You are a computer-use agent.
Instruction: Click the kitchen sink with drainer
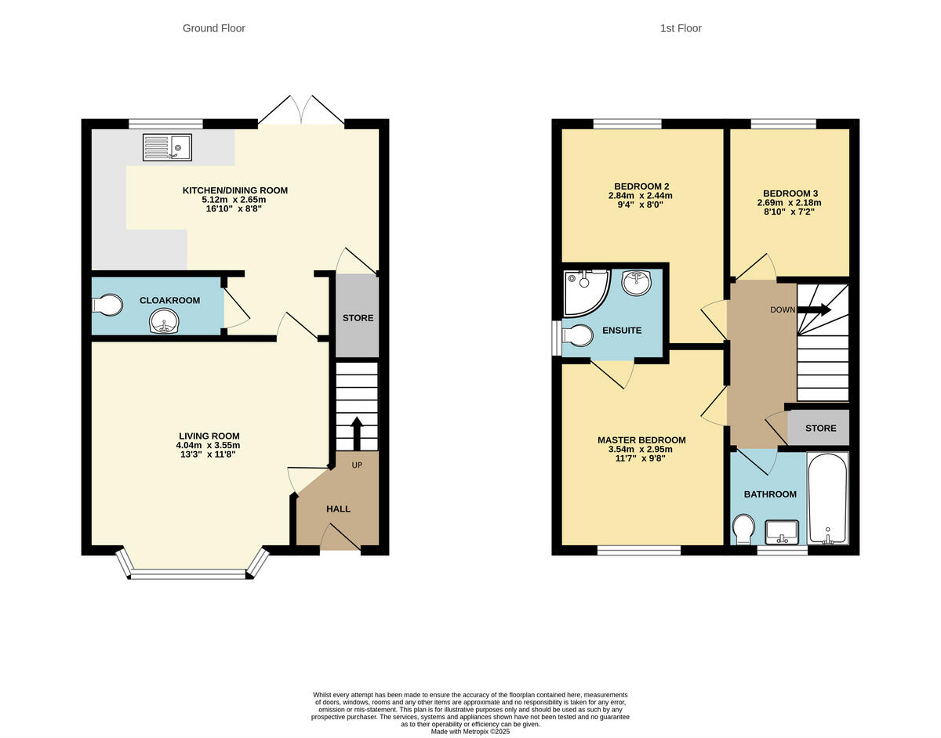(167, 147)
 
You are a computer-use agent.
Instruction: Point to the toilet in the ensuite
(576, 336)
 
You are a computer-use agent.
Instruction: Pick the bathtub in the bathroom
(827, 498)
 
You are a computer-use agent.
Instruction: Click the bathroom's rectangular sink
(781, 532)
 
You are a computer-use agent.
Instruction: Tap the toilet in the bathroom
(742, 529)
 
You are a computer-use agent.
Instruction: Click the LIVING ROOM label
(209, 436)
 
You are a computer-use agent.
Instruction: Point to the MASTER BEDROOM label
(641, 440)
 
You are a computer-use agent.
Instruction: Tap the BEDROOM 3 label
(790, 194)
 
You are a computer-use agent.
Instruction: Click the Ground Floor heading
(213, 28)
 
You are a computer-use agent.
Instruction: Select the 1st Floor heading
(680, 28)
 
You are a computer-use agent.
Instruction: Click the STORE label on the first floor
(820, 429)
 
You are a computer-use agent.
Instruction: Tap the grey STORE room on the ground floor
(358, 317)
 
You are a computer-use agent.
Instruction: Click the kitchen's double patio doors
(301, 112)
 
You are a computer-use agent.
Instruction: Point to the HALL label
(338, 509)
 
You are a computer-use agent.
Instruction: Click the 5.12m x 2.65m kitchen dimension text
(234, 200)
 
